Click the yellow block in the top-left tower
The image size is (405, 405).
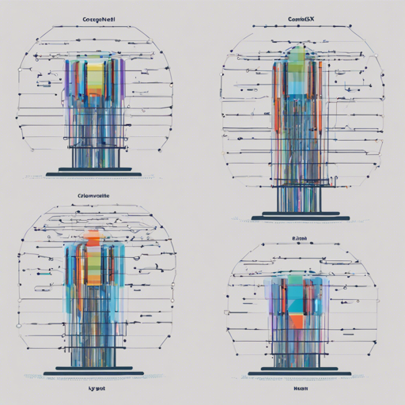click(x=95, y=74)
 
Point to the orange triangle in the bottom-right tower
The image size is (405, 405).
click(x=296, y=321)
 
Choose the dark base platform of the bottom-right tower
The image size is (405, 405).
click(x=298, y=372)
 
